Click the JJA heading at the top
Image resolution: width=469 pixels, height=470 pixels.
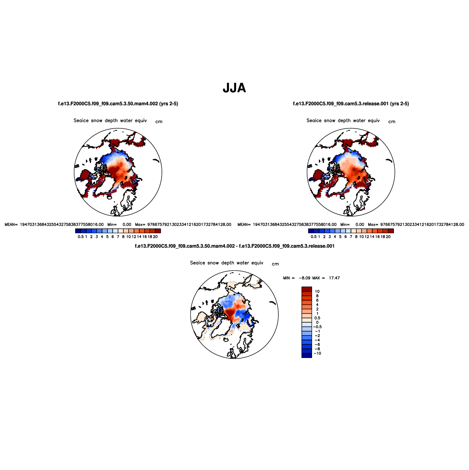tap(234, 88)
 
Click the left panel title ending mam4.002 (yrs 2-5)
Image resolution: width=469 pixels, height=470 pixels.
tap(118, 104)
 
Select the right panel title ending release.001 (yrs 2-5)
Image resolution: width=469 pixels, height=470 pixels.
tap(351, 104)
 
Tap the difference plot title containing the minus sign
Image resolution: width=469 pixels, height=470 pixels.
tap(235, 246)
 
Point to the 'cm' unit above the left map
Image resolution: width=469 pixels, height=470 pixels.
tap(159, 122)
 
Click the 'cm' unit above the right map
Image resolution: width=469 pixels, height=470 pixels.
tap(392, 122)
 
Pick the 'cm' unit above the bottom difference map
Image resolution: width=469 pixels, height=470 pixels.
tap(275, 264)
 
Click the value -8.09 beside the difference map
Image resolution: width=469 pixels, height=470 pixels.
tap(305, 278)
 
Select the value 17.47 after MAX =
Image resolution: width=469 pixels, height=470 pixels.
tap(334, 278)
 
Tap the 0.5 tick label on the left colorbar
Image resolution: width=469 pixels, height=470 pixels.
tap(81, 237)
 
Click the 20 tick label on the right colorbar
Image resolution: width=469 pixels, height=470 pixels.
tap(388, 237)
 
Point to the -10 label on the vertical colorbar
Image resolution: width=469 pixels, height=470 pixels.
tap(317, 353)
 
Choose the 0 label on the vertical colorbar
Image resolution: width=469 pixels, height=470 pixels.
tap(317, 322)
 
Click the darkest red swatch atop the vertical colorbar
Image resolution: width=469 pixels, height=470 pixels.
tap(307, 289)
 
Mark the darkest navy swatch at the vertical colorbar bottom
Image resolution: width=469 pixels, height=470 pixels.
tap(307, 356)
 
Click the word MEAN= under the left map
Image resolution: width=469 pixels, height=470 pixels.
tap(11, 225)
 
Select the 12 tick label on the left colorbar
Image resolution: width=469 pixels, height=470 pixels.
tap(134, 237)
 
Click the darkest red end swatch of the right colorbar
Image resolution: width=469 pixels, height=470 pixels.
tap(391, 231)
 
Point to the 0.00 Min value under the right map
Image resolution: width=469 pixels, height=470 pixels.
tap(360, 225)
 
